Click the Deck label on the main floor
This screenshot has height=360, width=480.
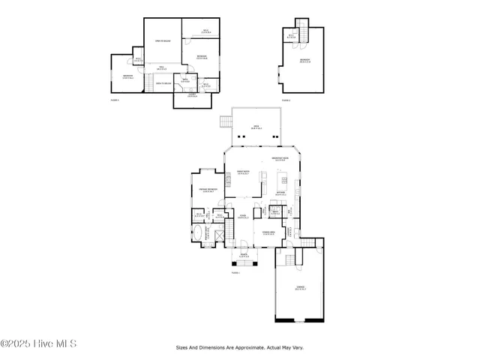click(256, 127)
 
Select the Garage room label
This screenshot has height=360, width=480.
click(300, 289)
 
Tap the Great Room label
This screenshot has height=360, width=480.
click(243, 174)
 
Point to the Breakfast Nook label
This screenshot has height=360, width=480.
click(280, 159)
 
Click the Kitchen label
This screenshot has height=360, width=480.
click(280, 193)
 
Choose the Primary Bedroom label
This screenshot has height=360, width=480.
click(208, 190)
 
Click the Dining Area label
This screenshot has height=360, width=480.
click(267, 233)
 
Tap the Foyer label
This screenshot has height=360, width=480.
click(243, 217)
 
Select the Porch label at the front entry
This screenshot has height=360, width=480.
click(244, 255)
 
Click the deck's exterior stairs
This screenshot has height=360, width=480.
click(225, 122)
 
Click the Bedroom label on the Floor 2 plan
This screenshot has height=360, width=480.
click(304, 60)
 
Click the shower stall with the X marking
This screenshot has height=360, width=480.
click(218, 235)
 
